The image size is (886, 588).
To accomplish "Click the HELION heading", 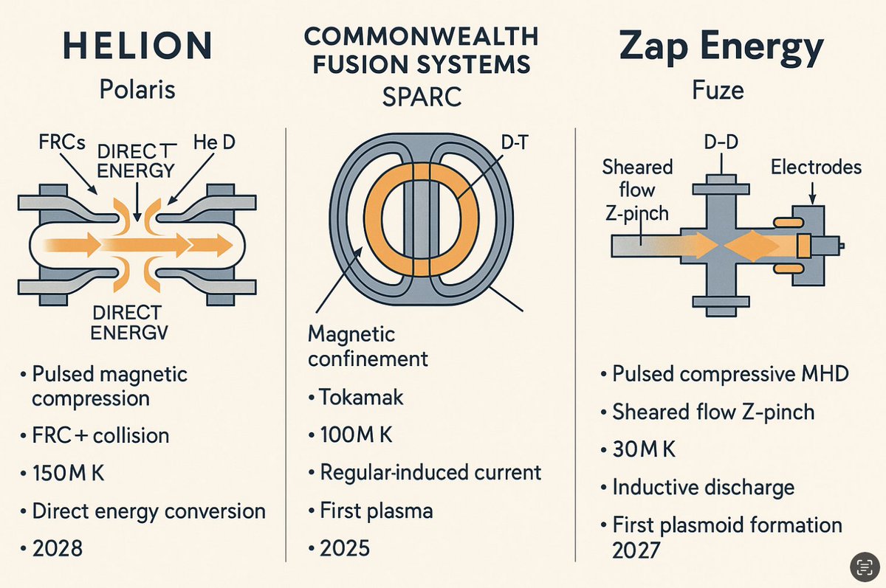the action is (x=137, y=46).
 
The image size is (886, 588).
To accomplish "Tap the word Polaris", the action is (x=137, y=90).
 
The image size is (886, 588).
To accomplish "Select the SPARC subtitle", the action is (x=422, y=97).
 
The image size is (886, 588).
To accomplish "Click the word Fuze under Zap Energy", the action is (x=718, y=90).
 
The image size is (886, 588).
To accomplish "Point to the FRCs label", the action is (x=62, y=142).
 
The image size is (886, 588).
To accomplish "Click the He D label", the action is (x=214, y=142).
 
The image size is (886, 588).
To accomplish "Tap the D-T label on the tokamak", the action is (x=514, y=143).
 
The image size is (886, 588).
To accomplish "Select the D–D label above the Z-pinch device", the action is (x=721, y=142).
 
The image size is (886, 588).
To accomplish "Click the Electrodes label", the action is (x=816, y=167).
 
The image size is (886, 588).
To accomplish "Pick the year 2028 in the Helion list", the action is (x=58, y=548).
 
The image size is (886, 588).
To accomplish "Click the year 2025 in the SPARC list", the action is (x=345, y=548).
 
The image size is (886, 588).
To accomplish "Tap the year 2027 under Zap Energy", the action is (x=636, y=550).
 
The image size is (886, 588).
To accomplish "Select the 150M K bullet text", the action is (x=69, y=473).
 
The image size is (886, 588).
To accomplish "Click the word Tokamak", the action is (x=361, y=397).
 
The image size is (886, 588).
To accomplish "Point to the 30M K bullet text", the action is (x=644, y=449).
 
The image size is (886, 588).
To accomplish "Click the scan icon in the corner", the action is (x=865, y=567).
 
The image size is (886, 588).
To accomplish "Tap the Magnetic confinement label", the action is (x=368, y=347).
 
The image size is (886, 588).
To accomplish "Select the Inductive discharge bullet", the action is (x=703, y=487).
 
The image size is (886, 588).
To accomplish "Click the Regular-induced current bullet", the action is (x=430, y=472).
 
